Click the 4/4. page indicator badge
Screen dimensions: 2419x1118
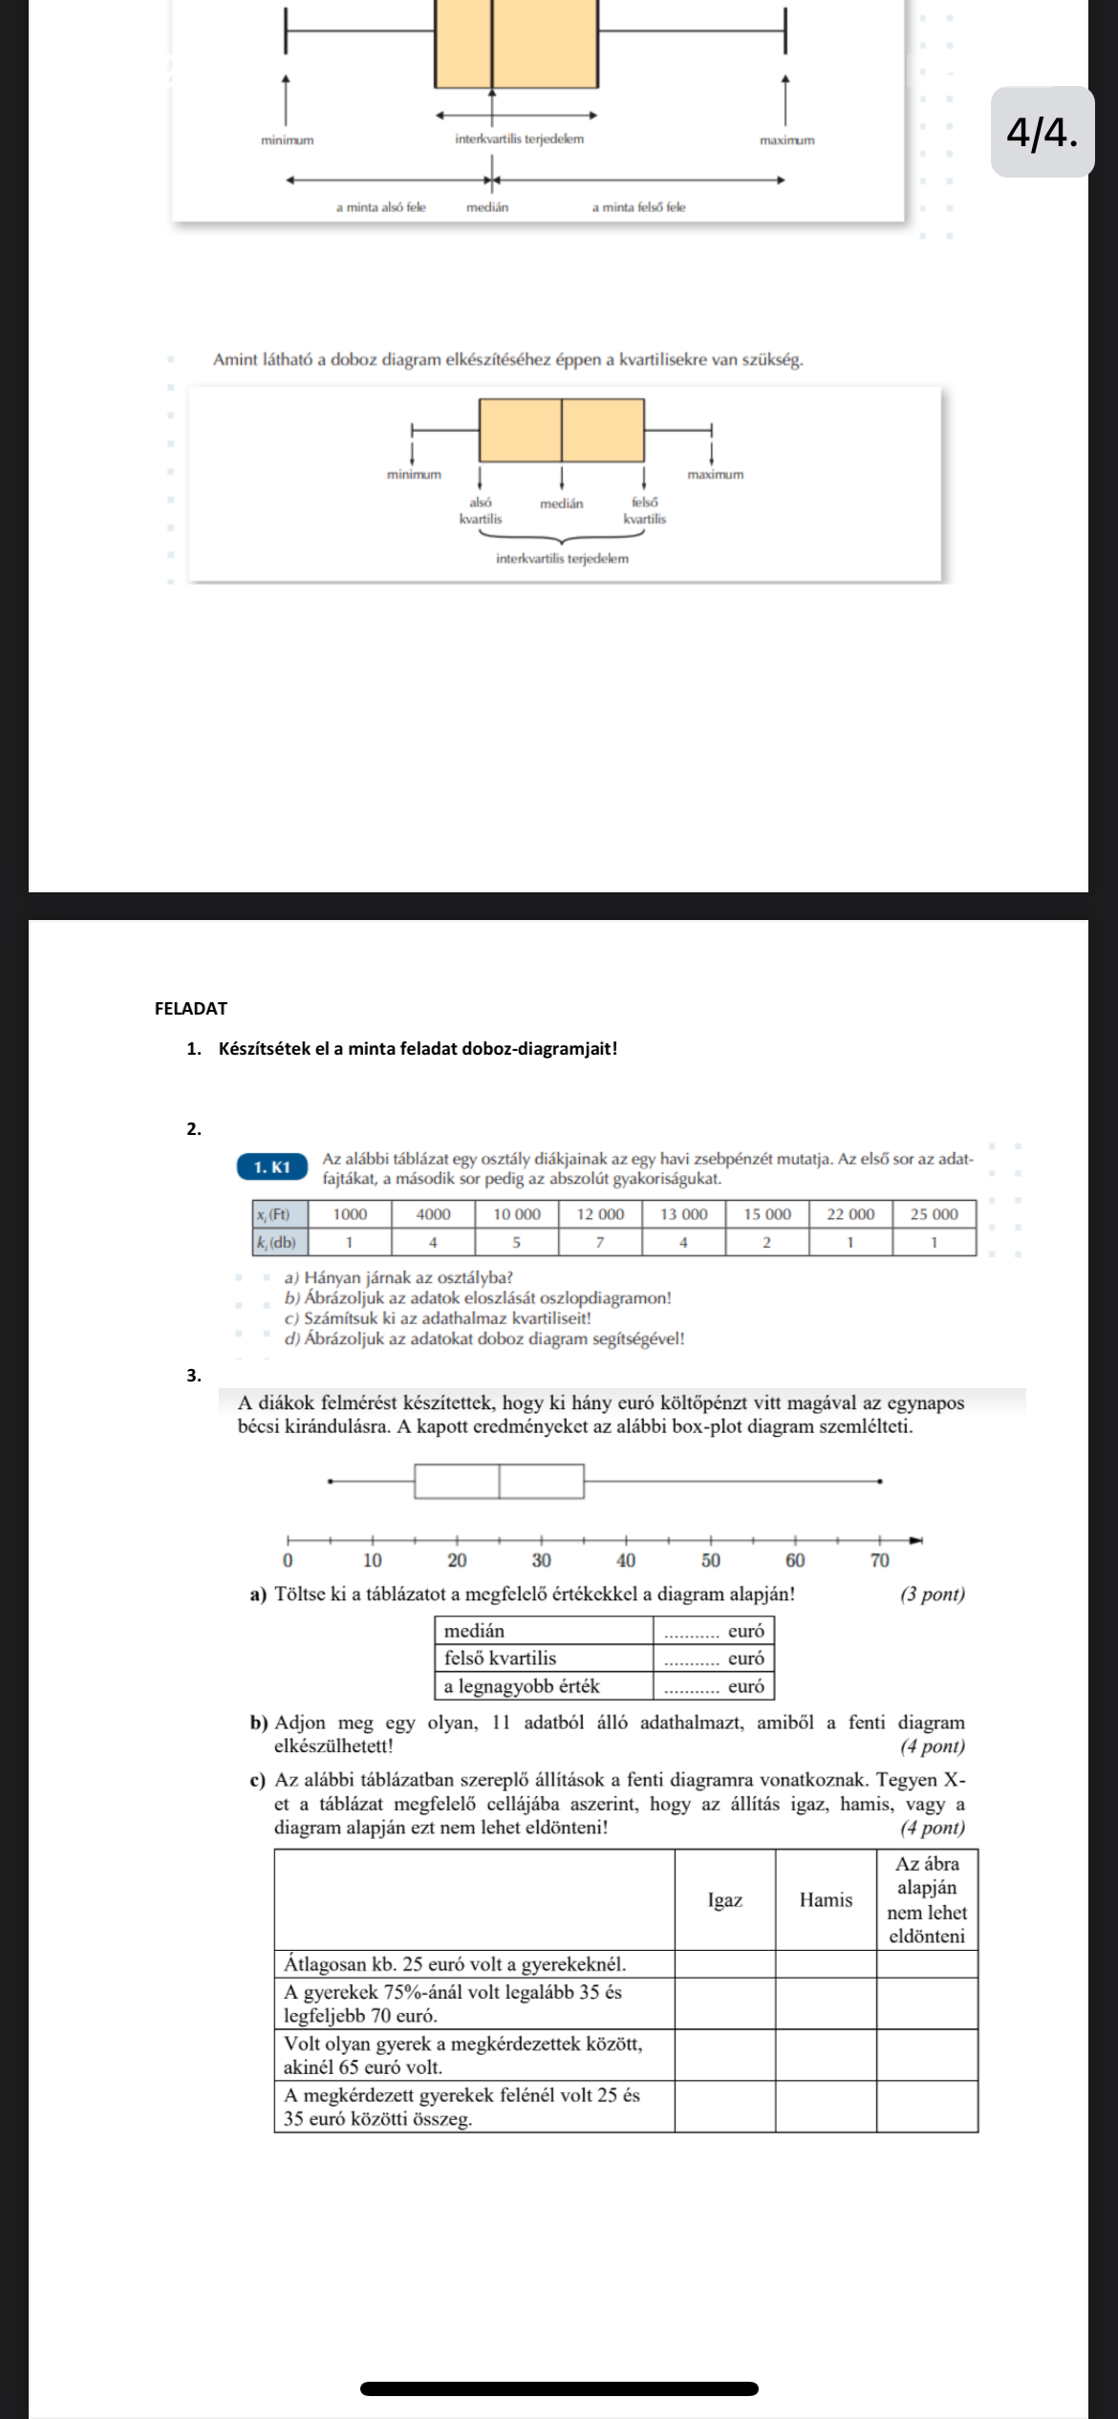(1043, 132)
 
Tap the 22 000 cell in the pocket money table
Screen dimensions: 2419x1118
(850, 1214)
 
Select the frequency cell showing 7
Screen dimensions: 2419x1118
(600, 1243)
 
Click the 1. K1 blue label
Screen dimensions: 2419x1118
(272, 1167)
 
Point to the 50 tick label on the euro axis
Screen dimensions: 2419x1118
(711, 1560)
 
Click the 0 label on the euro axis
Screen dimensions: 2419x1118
(288, 1560)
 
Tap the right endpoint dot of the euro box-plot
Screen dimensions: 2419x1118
(880, 1482)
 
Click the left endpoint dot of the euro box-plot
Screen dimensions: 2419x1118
(330, 1482)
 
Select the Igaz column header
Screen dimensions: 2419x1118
(724, 1899)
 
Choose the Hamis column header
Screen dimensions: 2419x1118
(826, 1899)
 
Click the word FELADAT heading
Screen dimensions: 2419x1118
(191, 1008)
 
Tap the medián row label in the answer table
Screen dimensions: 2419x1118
(474, 1631)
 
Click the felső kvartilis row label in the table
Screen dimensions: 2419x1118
(500, 1658)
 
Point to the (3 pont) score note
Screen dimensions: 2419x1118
(932, 1595)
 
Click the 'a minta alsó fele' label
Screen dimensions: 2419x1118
(380, 207)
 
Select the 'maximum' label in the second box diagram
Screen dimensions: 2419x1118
(715, 474)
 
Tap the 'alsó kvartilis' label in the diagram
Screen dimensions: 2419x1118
(481, 510)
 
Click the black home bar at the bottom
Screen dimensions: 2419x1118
(559, 2388)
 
